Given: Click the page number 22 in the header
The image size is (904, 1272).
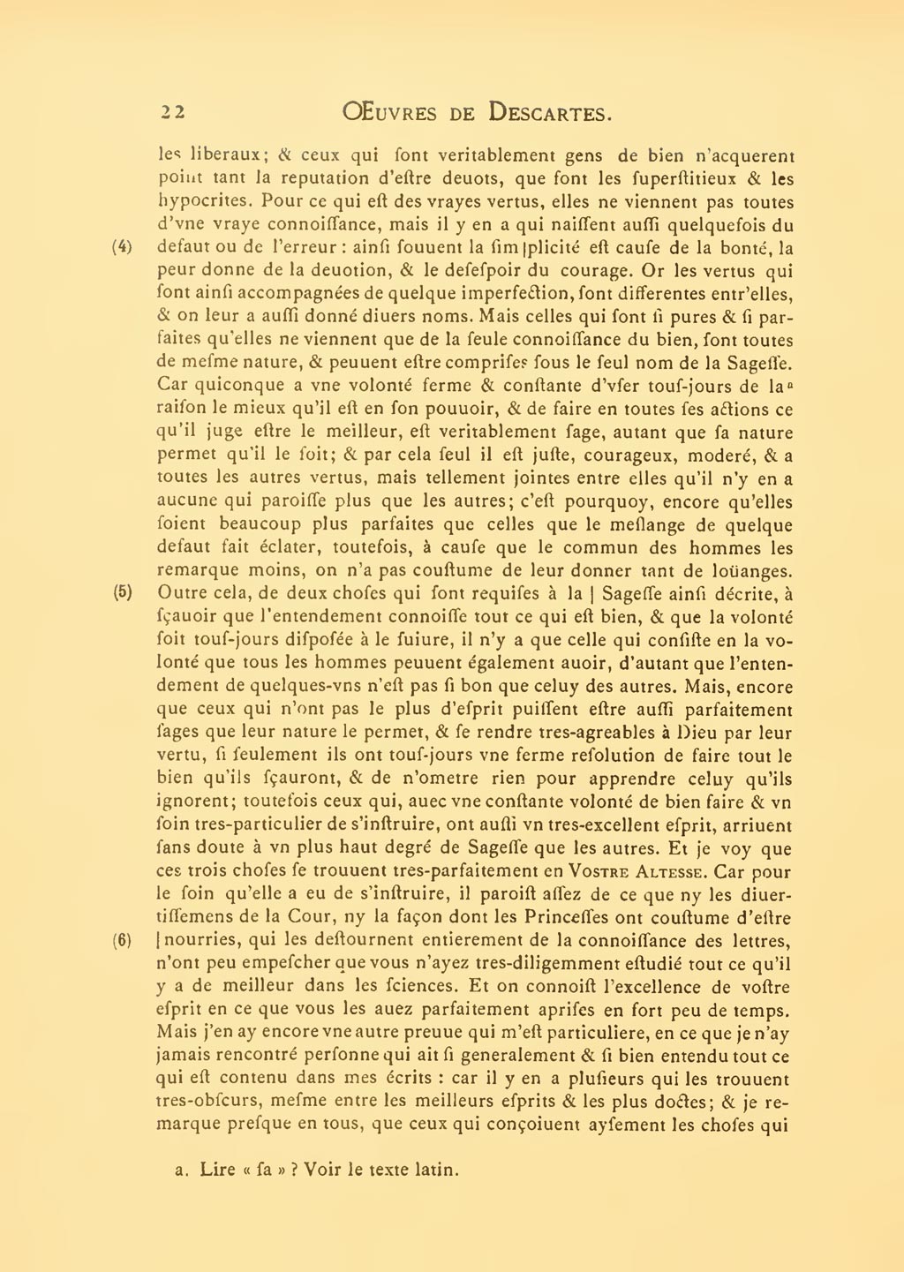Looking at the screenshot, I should [171, 112].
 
